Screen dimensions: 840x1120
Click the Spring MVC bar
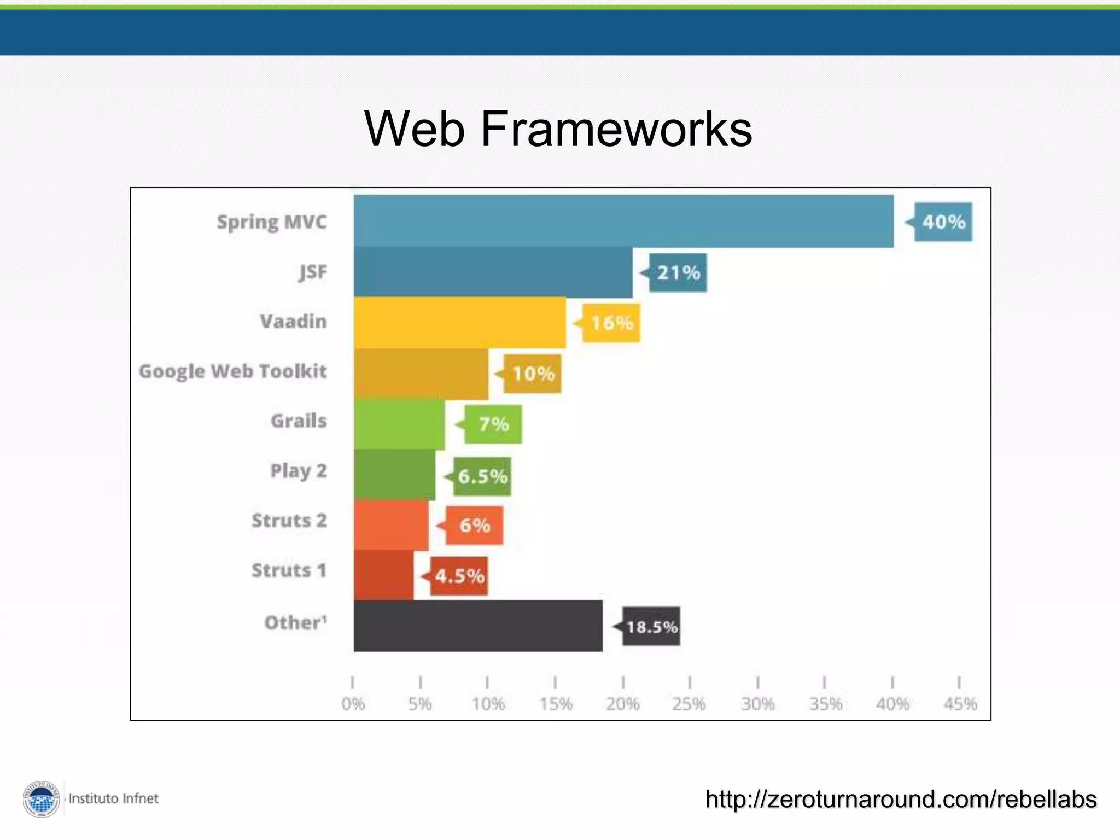[623, 221]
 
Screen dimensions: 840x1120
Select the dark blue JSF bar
[493, 272]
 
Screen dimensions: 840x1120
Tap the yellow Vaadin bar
[459, 323]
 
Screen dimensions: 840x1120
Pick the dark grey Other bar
[478, 626]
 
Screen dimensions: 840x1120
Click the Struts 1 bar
[383, 575]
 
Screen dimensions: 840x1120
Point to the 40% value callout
[943, 222]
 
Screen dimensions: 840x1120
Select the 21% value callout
[678, 272]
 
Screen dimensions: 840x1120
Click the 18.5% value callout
[651, 626]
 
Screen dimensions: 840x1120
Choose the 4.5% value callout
[459, 576]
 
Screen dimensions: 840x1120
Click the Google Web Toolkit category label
[233, 371]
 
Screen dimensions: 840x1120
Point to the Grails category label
[299, 421]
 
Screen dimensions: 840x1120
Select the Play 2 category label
[299, 471]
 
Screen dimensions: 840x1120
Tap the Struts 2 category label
[289, 521]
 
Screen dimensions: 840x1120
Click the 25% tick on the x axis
[690, 682]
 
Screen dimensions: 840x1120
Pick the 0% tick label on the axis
[353, 704]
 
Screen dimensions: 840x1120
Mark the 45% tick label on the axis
[960, 704]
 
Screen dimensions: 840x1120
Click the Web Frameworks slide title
[558, 129]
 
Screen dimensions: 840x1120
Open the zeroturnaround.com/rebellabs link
[901, 799]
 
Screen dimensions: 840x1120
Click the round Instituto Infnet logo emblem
[42, 800]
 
